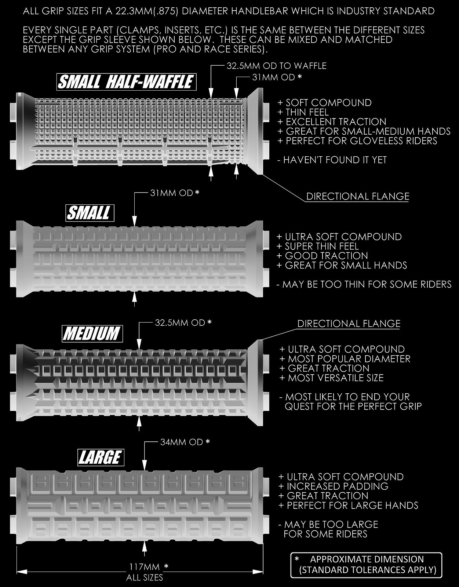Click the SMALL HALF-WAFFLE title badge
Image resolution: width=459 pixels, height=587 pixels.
126,82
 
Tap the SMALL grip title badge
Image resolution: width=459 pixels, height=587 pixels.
90,213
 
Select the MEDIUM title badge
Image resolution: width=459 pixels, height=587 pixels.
92,333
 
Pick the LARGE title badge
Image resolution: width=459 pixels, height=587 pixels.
101,457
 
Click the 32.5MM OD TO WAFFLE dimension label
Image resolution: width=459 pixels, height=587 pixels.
276,66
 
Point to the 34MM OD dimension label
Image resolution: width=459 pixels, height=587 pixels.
182,442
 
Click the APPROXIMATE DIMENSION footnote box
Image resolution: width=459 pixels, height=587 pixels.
367,565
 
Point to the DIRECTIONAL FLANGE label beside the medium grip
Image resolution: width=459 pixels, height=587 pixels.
349,324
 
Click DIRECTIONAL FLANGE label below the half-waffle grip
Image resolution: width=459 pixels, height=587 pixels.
358,196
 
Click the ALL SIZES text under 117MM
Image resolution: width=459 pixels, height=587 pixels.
145,577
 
